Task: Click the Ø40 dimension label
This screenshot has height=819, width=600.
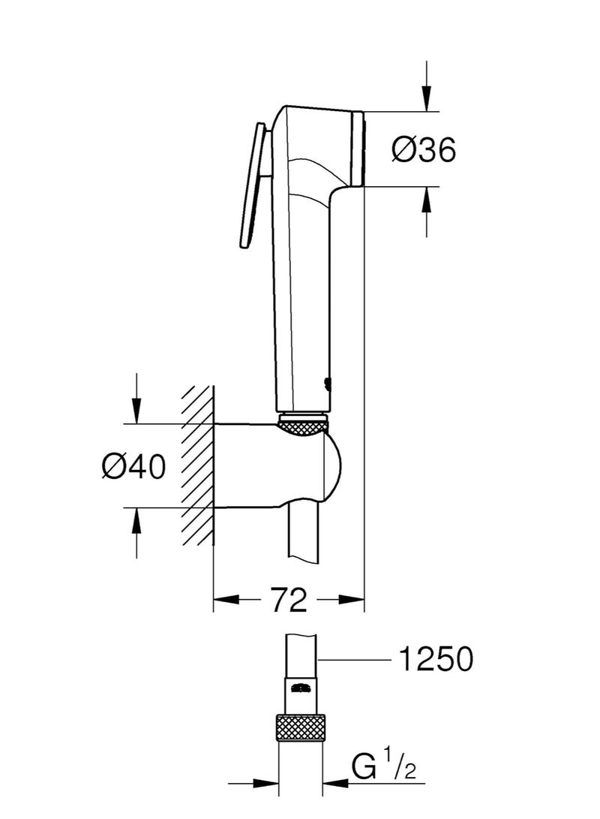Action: (134, 467)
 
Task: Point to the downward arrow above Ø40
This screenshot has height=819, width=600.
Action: (136, 409)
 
